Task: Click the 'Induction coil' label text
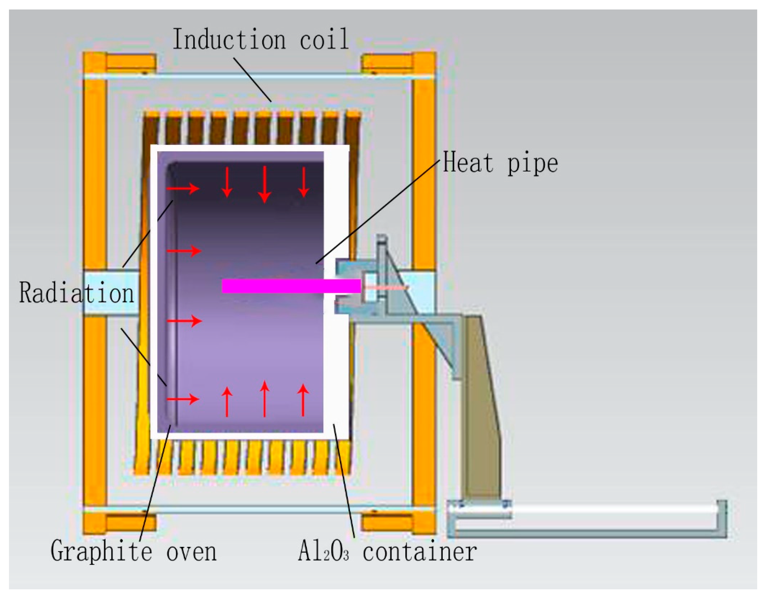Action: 260,39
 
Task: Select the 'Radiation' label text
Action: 77,293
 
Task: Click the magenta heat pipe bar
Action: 291,286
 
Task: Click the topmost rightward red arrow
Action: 183,188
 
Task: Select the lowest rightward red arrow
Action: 183,399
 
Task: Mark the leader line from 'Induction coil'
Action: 252,80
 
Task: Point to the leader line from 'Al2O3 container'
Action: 344,481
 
